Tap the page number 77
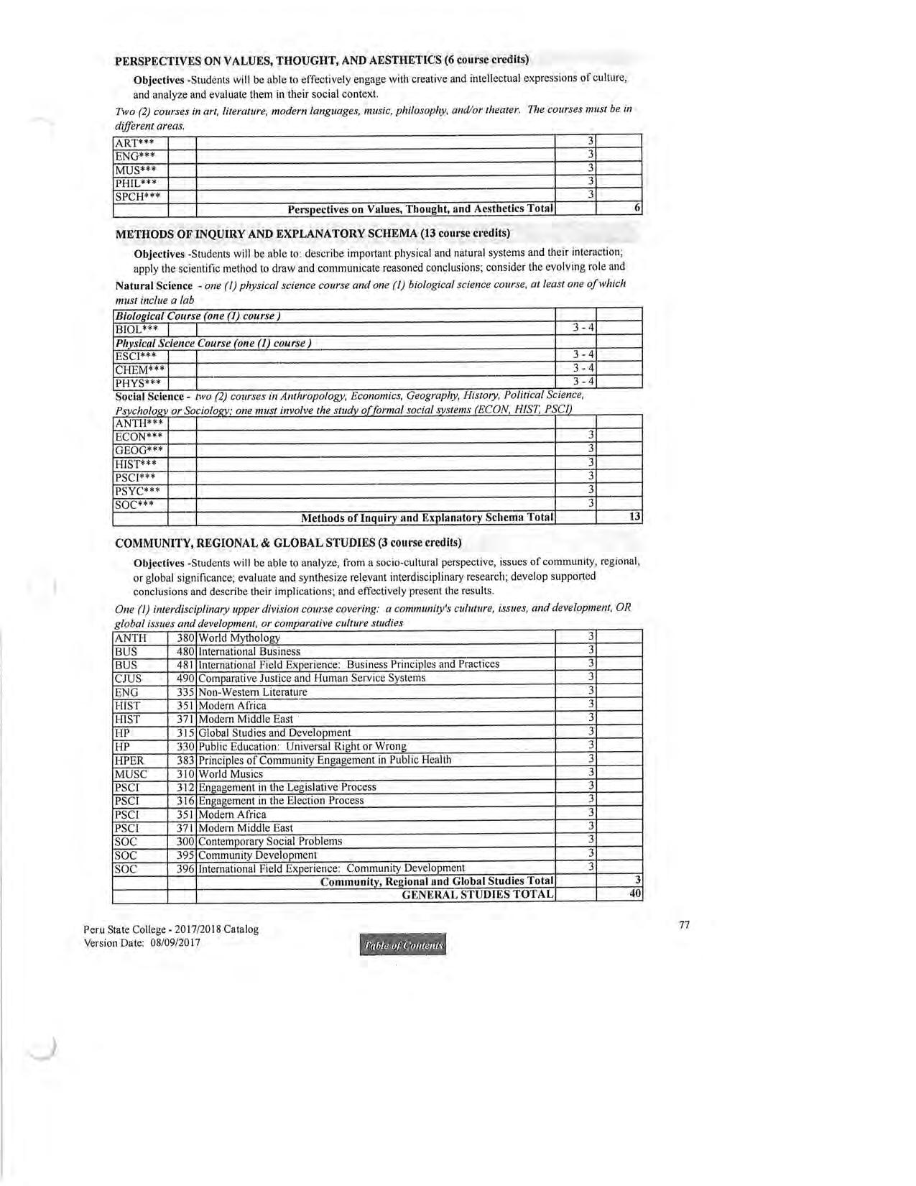pyautogui.click(x=684, y=925)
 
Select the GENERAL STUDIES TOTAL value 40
pyautogui.click(x=635, y=894)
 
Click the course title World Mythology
pyautogui.click(x=239, y=638)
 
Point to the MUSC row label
pyautogui.click(x=131, y=774)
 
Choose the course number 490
pyautogui.click(x=185, y=678)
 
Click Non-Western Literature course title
pyautogui.click(x=253, y=692)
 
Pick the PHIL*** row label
pyautogui.click(x=136, y=183)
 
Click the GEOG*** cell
pyautogui.click(x=139, y=450)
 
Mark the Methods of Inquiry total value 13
pyautogui.click(x=634, y=517)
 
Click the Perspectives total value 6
pyautogui.click(x=637, y=208)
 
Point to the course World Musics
pyautogui.click(x=231, y=774)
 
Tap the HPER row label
pyautogui.click(x=129, y=760)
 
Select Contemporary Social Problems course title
pyautogui.click(x=270, y=841)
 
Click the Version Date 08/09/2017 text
pyautogui.click(x=142, y=943)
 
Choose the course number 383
pyautogui.click(x=185, y=760)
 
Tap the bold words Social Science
pyautogui.click(x=149, y=396)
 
